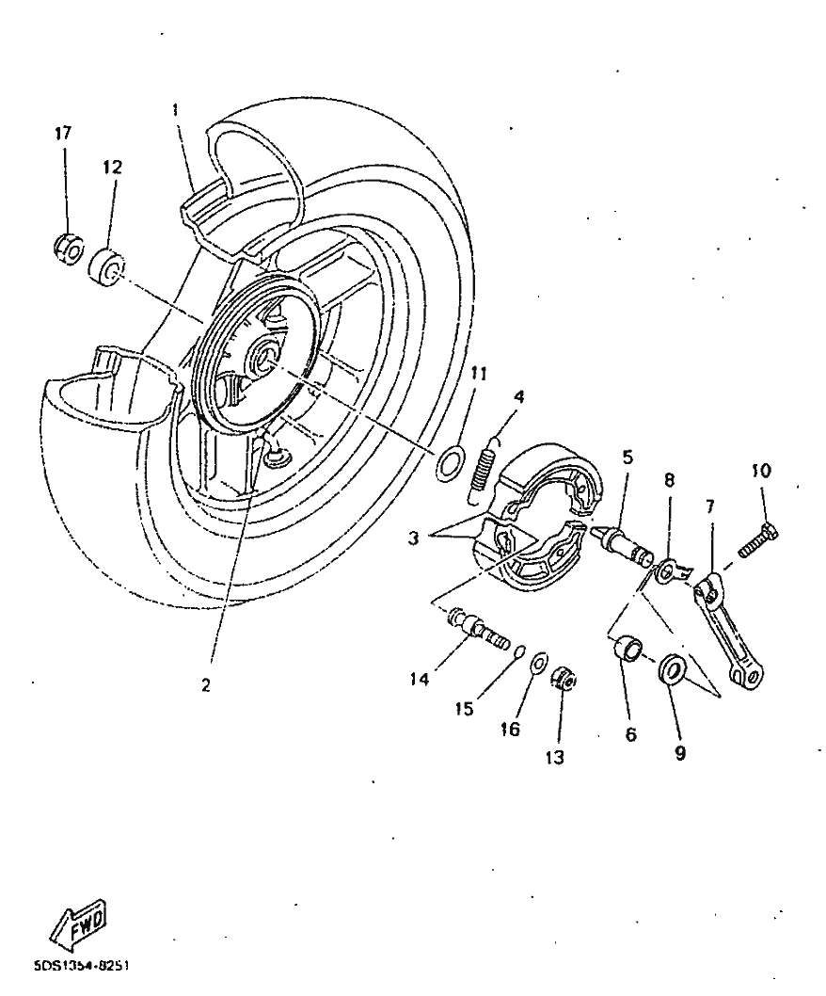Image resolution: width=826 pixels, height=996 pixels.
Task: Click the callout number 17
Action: (62, 133)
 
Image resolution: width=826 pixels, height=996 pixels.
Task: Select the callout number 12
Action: (112, 168)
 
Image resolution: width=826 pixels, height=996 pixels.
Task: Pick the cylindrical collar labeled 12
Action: (105, 265)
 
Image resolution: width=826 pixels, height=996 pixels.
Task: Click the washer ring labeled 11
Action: (452, 461)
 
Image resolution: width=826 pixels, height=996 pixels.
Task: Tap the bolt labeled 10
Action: (752, 542)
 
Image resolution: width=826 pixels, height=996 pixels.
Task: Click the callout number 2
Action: (206, 686)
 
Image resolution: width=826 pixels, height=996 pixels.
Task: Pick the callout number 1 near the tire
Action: (175, 110)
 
